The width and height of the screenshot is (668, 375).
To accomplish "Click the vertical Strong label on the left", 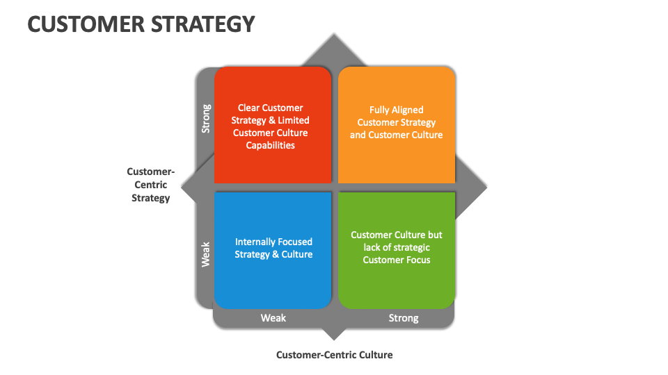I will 206,119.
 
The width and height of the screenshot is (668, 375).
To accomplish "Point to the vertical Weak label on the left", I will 206,255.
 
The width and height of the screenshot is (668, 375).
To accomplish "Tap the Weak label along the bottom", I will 273,318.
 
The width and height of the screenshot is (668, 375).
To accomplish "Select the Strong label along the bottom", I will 404,318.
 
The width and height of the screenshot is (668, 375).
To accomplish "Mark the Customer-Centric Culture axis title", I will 334,355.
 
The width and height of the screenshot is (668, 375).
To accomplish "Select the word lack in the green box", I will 375,247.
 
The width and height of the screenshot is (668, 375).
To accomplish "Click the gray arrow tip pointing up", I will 335,40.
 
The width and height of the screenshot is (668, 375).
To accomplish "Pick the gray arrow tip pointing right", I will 482,187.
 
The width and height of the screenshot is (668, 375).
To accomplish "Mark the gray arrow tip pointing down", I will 335,335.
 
